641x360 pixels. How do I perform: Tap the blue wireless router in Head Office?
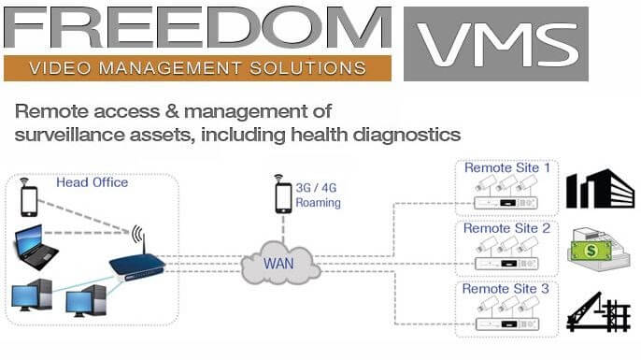[x=136, y=264]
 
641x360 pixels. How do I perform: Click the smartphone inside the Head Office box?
[x=29, y=199]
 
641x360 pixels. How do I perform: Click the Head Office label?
[x=93, y=182]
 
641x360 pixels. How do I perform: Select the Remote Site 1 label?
[x=506, y=167]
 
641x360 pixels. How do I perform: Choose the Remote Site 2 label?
[x=506, y=228]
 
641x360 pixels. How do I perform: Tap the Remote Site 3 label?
[x=506, y=288]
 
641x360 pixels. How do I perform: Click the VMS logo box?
[x=496, y=41]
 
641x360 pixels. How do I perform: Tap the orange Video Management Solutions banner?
[x=196, y=68]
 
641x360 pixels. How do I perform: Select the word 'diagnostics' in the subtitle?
[x=408, y=134]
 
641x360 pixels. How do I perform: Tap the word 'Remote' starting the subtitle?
[x=46, y=110]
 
